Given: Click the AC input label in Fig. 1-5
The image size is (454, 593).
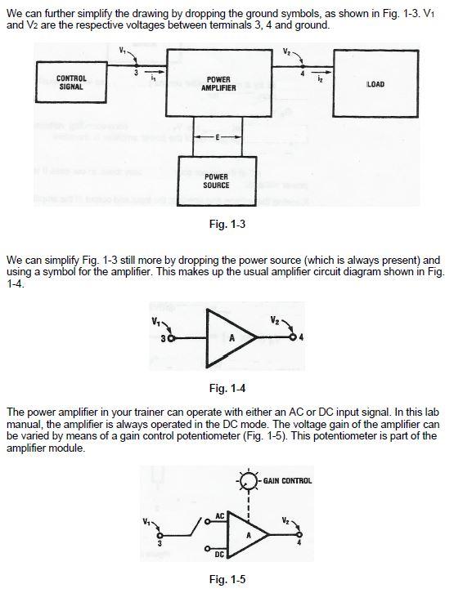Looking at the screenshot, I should click(x=220, y=516).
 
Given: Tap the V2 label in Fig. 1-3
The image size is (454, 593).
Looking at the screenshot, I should click(x=286, y=51).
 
